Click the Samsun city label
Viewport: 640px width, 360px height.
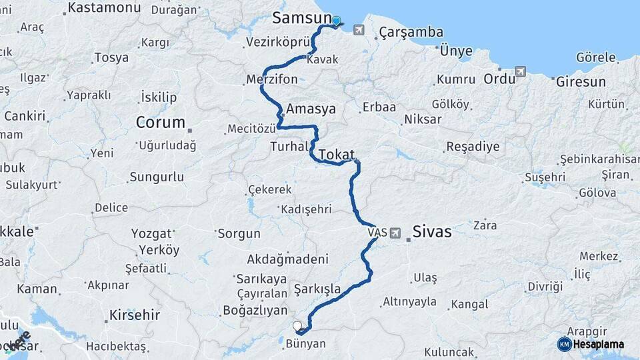tap(302, 18)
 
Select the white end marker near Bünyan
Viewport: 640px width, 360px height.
tap(297, 326)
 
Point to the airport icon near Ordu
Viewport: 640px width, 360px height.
tap(521, 71)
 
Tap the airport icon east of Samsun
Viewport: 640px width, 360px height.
tap(359, 30)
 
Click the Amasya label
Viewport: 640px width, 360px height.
tap(311, 109)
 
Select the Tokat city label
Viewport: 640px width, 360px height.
tap(337, 155)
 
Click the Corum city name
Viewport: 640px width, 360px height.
tap(161, 123)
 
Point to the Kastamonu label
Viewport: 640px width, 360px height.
tap(105, 7)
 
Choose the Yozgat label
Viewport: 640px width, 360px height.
tap(153, 234)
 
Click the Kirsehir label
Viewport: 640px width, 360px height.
tap(135, 315)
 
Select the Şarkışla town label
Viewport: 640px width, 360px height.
tap(317, 289)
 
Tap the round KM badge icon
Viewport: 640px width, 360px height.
tap(564, 344)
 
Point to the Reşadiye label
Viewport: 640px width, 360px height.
tap(473, 146)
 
